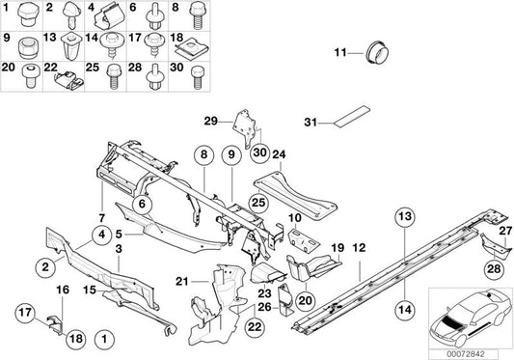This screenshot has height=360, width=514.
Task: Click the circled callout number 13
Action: click(x=403, y=215)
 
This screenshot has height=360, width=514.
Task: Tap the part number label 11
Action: click(x=339, y=52)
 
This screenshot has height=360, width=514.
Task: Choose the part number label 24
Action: click(x=281, y=152)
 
